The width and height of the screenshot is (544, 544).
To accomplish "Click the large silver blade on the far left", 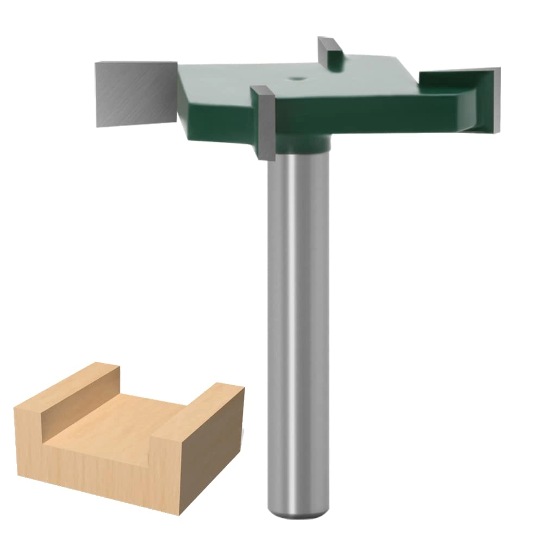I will tap(133, 93).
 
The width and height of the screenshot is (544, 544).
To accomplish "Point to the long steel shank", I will tap(298, 326).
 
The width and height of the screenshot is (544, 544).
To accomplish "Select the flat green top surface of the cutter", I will tap(337, 87).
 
